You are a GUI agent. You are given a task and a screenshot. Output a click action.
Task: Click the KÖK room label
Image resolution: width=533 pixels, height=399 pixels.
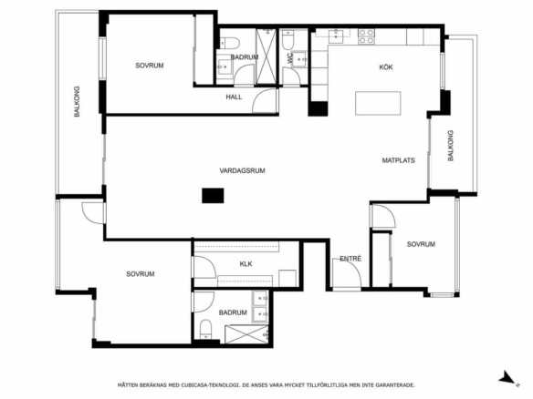pyautogui.click(x=386, y=67)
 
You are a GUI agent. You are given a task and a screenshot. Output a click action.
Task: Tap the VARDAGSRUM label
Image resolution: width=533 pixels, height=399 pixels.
pyautogui.click(x=242, y=170)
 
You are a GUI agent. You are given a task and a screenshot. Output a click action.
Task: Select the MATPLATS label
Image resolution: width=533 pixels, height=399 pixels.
pyautogui.click(x=399, y=160)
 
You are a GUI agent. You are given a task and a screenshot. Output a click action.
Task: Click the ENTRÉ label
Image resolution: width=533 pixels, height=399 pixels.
pyautogui.click(x=350, y=259)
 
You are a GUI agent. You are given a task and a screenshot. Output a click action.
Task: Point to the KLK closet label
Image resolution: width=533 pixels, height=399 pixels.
pyautogui.click(x=246, y=264)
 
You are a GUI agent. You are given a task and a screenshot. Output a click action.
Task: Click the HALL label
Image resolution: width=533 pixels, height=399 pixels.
pyautogui.click(x=234, y=97)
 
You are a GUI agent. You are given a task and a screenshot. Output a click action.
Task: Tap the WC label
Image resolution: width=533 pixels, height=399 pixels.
pyautogui.click(x=289, y=58)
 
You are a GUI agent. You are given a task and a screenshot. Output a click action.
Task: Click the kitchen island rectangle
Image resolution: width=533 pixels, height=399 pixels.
pyautogui.click(x=378, y=103)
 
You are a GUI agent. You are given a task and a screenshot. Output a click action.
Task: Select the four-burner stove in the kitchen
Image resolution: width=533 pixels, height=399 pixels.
pyautogui.click(x=367, y=36)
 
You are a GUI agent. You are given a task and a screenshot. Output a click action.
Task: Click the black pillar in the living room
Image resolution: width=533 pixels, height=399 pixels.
pyautogui.click(x=213, y=196)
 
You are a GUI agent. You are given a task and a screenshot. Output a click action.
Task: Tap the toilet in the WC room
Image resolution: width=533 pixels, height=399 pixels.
pyautogui.click(x=287, y=40)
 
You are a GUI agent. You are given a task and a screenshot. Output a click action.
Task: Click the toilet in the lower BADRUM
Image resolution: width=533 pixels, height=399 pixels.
pyautogui.click(x=205, y=329)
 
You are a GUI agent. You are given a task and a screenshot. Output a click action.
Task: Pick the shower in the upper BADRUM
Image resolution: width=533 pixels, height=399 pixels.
pyautogui.click(x=266, y=56)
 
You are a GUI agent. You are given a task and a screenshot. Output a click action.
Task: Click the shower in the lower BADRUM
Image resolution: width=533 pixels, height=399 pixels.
pyautogui.click(x=246, y=334)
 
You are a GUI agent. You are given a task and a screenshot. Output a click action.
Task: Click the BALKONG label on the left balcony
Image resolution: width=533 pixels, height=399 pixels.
pyautogui.click(x=77, y=102)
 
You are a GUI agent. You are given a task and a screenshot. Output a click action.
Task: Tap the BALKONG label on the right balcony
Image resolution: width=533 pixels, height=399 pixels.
pyautogui.click(x=450, y=146)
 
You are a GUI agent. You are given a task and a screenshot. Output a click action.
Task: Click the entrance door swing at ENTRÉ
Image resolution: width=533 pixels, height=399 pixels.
pyautogui.click(x=347, y=272)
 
